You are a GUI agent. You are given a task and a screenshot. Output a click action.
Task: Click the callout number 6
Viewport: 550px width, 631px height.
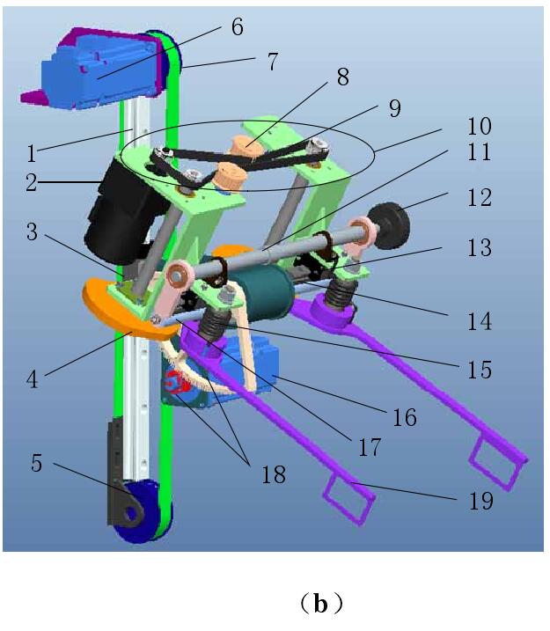237,26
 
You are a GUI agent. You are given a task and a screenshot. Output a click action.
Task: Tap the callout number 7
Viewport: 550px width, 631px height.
273,62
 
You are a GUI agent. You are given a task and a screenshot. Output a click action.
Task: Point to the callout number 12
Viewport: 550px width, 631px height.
481,198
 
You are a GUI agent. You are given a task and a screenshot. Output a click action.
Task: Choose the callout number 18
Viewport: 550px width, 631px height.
273,473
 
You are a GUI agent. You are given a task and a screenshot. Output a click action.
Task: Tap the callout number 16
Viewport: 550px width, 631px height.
404,416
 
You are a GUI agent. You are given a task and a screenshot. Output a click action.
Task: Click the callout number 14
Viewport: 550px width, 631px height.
480,321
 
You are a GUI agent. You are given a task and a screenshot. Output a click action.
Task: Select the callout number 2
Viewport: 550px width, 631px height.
32,183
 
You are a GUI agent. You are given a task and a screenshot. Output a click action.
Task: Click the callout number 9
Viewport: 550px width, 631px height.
394,109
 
